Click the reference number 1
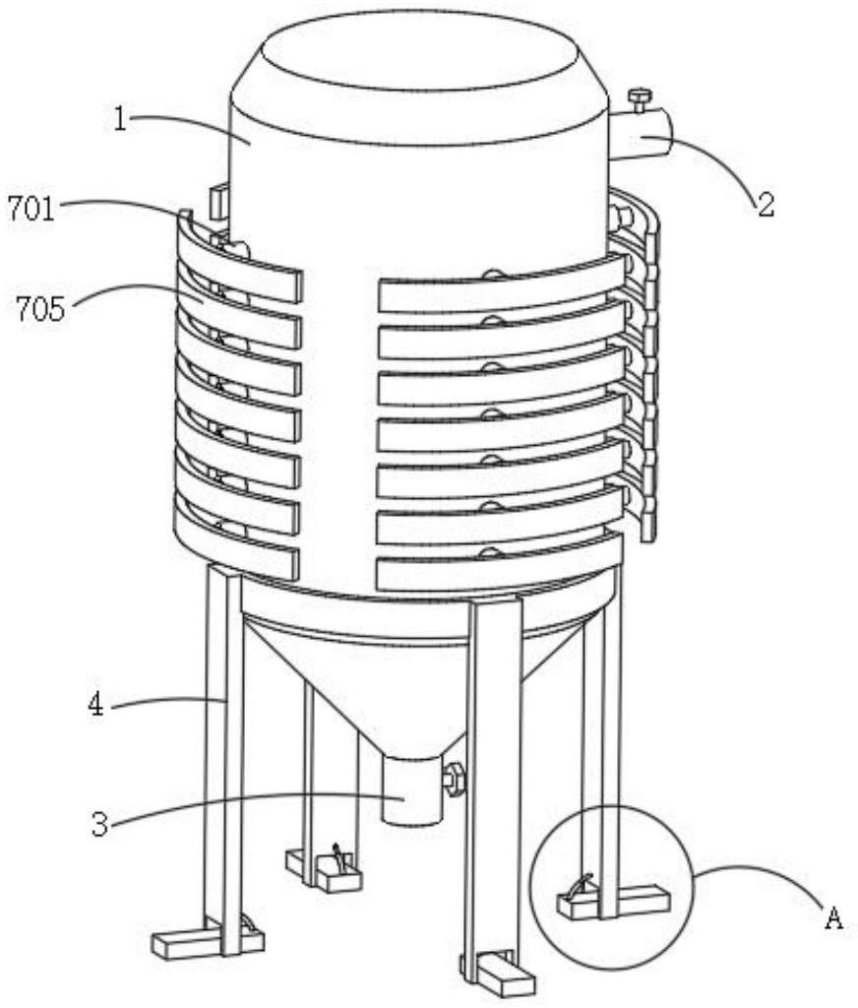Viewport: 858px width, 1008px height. pyautogui.click(x=120, y=119)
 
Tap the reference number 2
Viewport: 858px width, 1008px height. pyautogui.click(x=765, y=206)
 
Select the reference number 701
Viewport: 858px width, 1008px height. pyautogui.click(x=30, y=210)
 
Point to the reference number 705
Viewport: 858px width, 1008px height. pyautogui.click(x=40, y=309)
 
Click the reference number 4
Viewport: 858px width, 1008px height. pyautogui.click(x=95, y=705)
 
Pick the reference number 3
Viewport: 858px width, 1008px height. pyautogui.click(x=99, y=824)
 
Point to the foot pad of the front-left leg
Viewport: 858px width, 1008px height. pyautogui.click(x=208, y=942)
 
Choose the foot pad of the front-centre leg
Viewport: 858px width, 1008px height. pyautogui.click(x=499, y=973)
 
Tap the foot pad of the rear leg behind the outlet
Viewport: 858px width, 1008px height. pyautogui.click(x=324, y=868)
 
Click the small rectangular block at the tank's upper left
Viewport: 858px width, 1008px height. pyautogui.click(x=218, y=201)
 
